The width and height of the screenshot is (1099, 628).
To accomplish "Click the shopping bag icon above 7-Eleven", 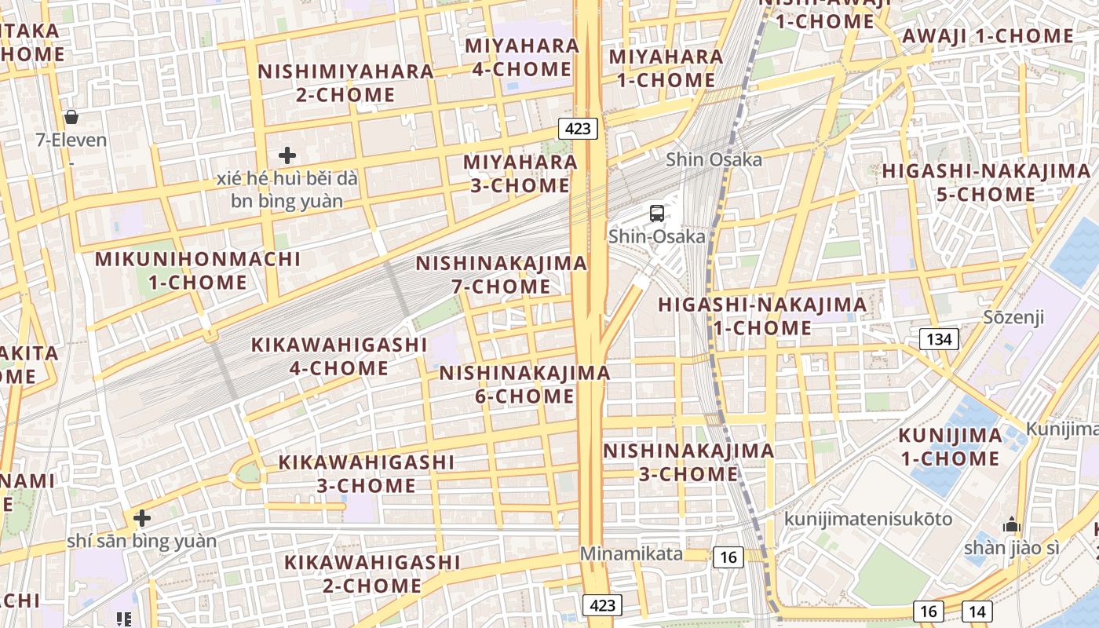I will pyautogui.click(x=71, y=117).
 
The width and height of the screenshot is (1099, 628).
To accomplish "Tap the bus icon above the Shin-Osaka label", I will pyautogui.click(x=656, y=213).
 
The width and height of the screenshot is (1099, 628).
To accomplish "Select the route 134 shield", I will pyautogui.click(x=939, y=339).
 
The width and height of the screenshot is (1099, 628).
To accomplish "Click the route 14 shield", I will pyautogui.click(x=978, y=612).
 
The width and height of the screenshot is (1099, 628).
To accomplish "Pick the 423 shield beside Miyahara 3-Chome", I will pyautogui.click(x=579, y=128).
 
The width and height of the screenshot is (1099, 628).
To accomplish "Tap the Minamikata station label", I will pyautogui.click(x=631, y=553).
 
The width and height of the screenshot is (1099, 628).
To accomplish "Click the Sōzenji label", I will pyautogui.click(x=1014, y=317).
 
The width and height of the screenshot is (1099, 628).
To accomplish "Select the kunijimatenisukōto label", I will pyautogui.click(x=867, y=519).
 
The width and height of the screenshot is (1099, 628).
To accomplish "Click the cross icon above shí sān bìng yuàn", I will pyautogui.click(x=141, y=518).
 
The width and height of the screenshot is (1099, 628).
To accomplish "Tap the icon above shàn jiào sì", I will pyautogui.click(x=1012, y=524).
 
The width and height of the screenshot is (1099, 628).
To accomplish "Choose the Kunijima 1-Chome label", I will pyautogui.click(x=950, y=447).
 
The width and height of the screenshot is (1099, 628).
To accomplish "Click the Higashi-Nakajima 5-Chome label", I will pyautogui.click(x=986, y=182).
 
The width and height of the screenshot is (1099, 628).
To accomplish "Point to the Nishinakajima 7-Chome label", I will pyautogui.click(x=502, y=275).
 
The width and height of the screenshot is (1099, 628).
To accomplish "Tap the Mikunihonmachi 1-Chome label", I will pyautogui.click(x=198, y=270).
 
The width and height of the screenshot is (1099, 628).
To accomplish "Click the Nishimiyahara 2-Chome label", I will pyautogui.click(x=345, y=82).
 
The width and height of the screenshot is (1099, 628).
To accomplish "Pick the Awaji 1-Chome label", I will pyautogui.click(x=988, y=36).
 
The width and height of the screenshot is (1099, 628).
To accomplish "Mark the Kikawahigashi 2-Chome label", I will pyautogui.click(x=372, y=574).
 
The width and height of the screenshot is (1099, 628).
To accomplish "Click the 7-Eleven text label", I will pyautogui.click(x=71, y=141).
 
